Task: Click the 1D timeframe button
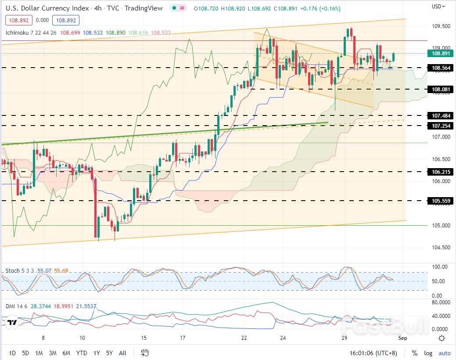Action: click(12, 353)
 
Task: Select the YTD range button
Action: click(81, 353)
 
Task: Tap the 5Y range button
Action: click(110, 353)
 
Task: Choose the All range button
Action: click(123, 353)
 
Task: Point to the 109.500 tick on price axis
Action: click(441, 26)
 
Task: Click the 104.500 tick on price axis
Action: click(441, 248)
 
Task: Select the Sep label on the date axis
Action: click(402, 338)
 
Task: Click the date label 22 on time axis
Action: click(244, 338)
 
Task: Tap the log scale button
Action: click(428, 353)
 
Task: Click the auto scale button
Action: click(444, 353)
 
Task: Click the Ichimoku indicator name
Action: click(17, 33)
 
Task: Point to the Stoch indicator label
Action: click(13, 271)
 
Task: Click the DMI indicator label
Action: click(10, 306)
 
